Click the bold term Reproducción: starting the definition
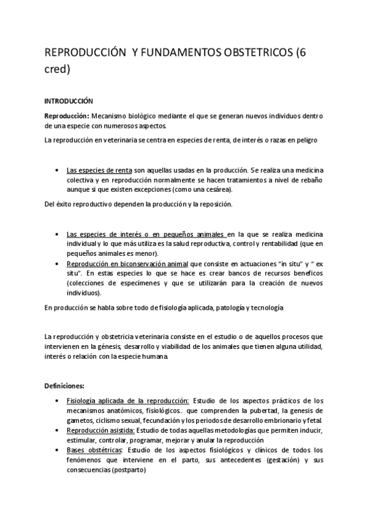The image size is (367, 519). point(67,116)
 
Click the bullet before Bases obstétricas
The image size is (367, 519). point(56,450)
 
